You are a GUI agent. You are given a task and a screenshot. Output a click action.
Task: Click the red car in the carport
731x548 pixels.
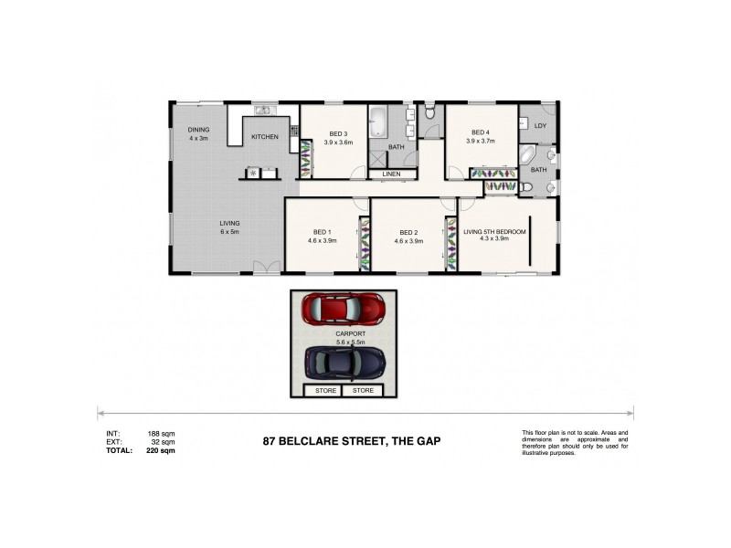[344, 309]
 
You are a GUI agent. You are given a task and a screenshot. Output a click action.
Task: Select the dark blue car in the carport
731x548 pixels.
[344, 364]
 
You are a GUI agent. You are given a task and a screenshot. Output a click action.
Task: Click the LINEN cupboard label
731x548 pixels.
[392, 174]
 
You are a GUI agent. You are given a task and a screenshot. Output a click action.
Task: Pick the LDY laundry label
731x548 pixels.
[540, 126]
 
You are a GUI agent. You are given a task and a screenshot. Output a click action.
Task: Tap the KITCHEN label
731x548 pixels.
[265, 137]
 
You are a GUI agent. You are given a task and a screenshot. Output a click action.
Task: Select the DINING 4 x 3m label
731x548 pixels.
[198, 134]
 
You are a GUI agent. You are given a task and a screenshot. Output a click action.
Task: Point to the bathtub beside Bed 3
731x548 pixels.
[378, 121]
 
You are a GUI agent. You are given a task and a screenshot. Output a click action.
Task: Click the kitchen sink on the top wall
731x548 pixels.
[262, 111]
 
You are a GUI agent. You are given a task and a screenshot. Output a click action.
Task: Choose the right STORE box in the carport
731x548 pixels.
[364, 391]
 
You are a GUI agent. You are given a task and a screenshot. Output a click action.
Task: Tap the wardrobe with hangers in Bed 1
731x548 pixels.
[365, 245]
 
